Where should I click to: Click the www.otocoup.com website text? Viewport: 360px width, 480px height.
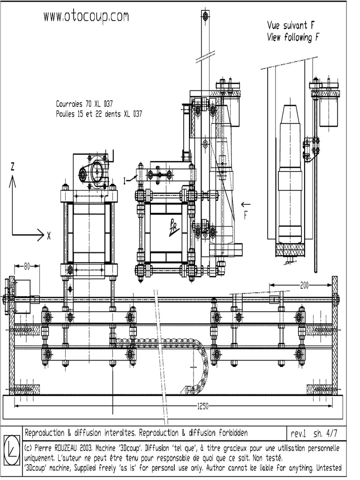coord(86,16)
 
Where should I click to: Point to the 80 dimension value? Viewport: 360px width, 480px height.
coord(27,266)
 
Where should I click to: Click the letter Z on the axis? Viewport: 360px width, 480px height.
coord(13,166)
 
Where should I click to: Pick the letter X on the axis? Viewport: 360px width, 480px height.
coord(49,236)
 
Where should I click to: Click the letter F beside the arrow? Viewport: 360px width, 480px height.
coord(246,216)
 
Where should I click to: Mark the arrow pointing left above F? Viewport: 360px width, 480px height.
coord(246,204)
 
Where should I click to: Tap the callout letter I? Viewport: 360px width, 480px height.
coord(125,181)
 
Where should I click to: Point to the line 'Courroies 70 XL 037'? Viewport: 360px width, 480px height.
coord(84,104)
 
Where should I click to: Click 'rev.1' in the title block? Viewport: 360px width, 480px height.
coord(298,433)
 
